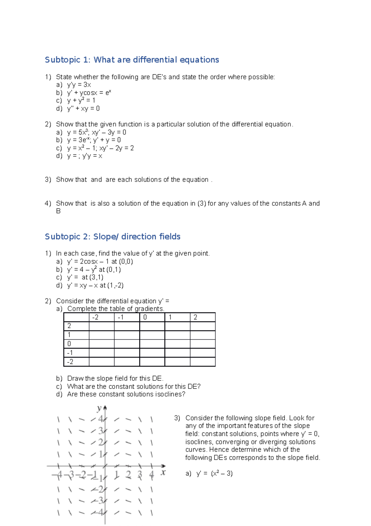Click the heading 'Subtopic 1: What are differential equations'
coord(132,60)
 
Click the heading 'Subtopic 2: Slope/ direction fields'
coord(113,237)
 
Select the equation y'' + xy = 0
coord(83,108)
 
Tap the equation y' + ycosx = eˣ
coord(89,93)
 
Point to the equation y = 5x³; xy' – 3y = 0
coord(96,132)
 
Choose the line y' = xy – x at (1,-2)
coord(95,285)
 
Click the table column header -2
coord(96,317)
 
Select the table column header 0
coord(145,317)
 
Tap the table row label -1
coord(70,353)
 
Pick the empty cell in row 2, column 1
coord(177,326)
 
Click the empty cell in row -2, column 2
coord(203,362)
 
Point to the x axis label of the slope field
coord(163,472)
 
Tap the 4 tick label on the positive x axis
coord(151,475)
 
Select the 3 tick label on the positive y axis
coord(101,431)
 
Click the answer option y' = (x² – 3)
coord(214,473)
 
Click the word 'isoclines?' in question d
coord(170,394)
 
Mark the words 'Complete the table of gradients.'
coord(116,309)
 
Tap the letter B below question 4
coord(58,211)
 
